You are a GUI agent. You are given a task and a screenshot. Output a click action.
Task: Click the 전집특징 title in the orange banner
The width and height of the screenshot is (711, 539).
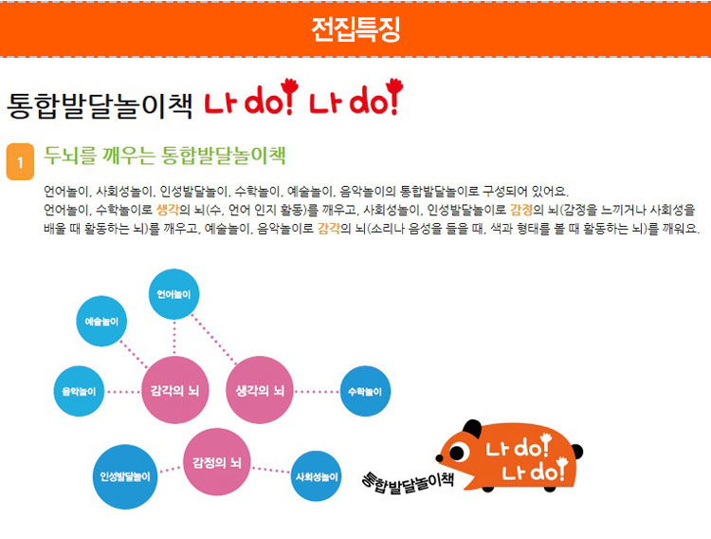[355, 30]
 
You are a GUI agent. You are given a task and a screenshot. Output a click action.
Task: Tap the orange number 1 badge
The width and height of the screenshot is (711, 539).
[20, 161]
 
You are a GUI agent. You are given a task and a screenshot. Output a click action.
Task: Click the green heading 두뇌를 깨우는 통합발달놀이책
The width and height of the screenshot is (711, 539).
[165, 156]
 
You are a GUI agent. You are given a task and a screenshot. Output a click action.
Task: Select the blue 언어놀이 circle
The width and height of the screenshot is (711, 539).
[174, 294]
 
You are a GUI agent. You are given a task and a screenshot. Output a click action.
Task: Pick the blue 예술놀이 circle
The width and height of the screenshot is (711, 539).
[101, 321]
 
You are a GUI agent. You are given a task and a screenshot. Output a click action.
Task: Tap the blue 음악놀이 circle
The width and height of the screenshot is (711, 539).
[79, 391]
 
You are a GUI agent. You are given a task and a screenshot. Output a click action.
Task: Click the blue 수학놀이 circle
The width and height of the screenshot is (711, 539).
[365, 391]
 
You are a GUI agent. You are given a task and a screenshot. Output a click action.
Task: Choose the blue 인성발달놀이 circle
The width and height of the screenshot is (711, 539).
[125, 476]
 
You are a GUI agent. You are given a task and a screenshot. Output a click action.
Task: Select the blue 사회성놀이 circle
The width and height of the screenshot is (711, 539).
[317, 476]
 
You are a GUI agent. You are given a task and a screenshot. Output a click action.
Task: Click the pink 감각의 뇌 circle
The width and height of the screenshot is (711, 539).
[175, 390]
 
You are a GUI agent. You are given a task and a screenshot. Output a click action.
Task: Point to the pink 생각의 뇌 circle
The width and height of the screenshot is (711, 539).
[260, 390]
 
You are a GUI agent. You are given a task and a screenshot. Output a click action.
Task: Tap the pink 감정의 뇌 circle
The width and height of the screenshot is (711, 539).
[217, 462]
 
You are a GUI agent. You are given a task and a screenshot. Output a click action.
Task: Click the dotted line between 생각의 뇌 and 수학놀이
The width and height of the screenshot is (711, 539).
[317, 391]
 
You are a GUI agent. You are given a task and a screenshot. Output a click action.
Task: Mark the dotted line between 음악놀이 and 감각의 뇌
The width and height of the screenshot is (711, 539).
[123, 391]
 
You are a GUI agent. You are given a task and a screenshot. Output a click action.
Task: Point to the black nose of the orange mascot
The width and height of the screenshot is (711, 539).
[439, 458]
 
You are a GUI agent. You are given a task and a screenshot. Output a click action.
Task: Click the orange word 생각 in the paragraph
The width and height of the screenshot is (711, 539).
[167, 210]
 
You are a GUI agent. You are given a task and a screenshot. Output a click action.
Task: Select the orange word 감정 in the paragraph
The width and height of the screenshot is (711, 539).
[521, 210]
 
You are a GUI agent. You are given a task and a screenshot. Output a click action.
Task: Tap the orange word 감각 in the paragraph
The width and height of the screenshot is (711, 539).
[329, 228]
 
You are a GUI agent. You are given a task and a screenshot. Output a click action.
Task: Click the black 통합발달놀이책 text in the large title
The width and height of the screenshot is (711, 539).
[100, 105]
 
